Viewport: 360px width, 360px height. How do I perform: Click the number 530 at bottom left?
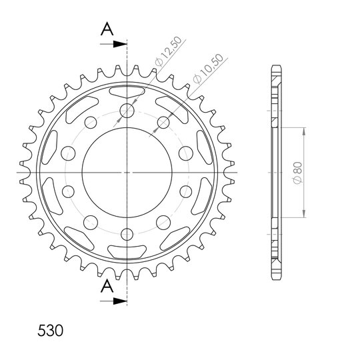(50, 331)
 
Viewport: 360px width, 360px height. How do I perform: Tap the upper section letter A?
(107, 29)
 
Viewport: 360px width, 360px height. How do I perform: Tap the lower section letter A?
(107, 286)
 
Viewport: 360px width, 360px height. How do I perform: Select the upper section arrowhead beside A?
(120, 44)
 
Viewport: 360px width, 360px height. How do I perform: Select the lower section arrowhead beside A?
(120, 301)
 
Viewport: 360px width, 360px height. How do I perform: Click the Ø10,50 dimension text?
(208, 69)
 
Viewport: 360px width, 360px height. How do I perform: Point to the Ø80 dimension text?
(298, 173)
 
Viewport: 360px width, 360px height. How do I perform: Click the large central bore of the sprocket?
(127, 173)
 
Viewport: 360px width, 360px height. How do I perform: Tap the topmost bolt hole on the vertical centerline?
(127, 111)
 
